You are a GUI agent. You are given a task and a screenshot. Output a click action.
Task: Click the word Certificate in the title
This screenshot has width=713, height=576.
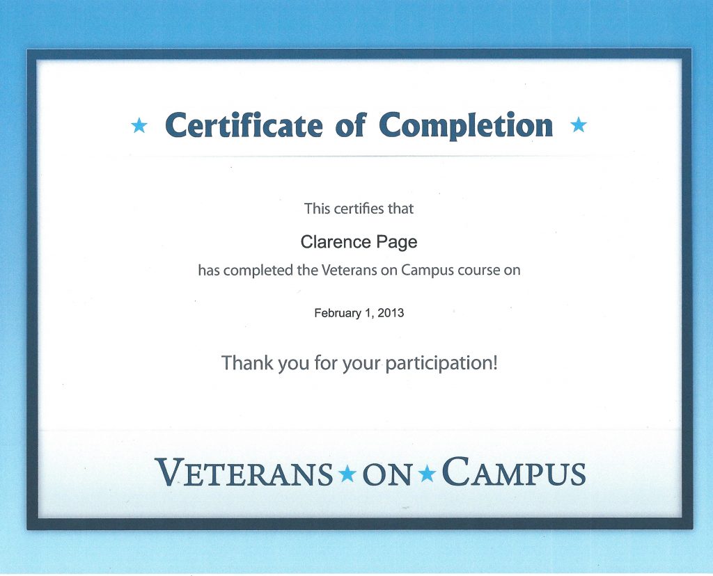(x=244, y=125)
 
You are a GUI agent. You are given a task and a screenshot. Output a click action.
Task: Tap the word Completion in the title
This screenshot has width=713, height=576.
(x=466, y=125)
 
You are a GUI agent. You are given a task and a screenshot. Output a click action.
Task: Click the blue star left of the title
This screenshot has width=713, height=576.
(x=139, y=125)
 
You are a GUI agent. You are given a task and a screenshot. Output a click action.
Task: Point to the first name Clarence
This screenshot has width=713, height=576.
(x=335, y=241)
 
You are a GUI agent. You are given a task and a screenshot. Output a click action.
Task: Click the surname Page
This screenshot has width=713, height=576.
(x=396, y=243)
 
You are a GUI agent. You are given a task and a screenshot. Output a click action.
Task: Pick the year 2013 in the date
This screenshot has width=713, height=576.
(x=391, y=313)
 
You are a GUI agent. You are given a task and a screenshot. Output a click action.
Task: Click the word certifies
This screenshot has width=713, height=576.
(x=359, y=209)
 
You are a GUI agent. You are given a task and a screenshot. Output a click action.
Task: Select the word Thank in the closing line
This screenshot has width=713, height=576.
(x=247, y=363)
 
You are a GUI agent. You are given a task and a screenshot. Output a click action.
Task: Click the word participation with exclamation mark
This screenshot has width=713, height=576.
(x=441, y=364)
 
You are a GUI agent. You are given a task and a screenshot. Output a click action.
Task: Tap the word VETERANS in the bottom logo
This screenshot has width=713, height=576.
(x=244, y=472)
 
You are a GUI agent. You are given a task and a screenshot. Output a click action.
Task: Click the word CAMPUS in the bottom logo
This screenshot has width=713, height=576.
(x=513, y=472)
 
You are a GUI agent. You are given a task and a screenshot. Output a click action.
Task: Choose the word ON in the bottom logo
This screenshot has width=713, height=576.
(x=387, y=474)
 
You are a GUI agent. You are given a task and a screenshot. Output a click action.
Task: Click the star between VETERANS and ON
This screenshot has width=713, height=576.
(x=348, y=474)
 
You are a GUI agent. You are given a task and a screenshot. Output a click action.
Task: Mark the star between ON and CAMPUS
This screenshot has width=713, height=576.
(x=427, y=474)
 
